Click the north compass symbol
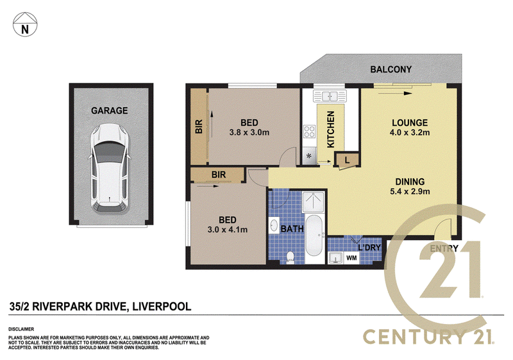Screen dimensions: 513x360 pos(25,24)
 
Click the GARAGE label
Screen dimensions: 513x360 pos(109,110)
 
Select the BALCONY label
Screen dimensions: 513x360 pos(391,69)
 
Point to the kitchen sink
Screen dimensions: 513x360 pos(330,96)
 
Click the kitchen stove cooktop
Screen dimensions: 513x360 pos(309,132)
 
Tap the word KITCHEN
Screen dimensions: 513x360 pos(331,129)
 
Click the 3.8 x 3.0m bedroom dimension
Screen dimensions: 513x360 pos(249,133)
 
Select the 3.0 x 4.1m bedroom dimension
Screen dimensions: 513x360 pos(228,230)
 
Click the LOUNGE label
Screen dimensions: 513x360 pos(410,123)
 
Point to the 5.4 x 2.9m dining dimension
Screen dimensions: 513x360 pos(410,191)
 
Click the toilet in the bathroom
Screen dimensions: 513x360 pos(290,257)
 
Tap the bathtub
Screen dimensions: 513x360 pos(314,235)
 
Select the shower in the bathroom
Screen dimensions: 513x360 pos(313,202)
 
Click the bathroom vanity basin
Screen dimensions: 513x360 pos(274,225)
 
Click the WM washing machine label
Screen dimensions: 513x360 pos(351,258)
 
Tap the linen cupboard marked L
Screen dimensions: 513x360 pos(347,160)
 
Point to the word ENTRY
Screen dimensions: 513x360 pos(444,249)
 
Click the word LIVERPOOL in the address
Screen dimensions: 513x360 pos(162,307)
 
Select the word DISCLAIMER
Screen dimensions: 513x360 pos(21,329)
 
